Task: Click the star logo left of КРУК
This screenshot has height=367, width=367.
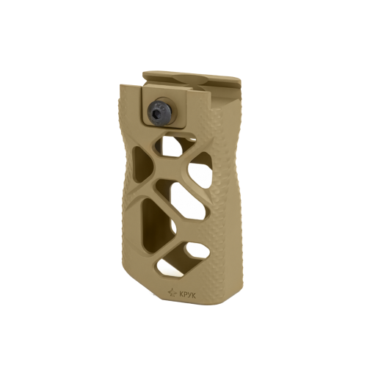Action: (172, 292)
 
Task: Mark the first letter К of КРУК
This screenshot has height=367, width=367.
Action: (181, 295)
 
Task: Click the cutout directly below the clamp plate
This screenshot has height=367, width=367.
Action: (171, 145)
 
